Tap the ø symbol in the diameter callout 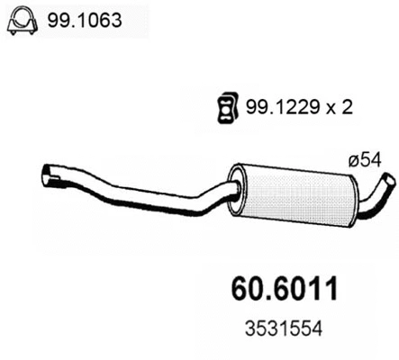tap(352, 160)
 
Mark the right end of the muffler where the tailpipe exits tap(348, 200)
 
